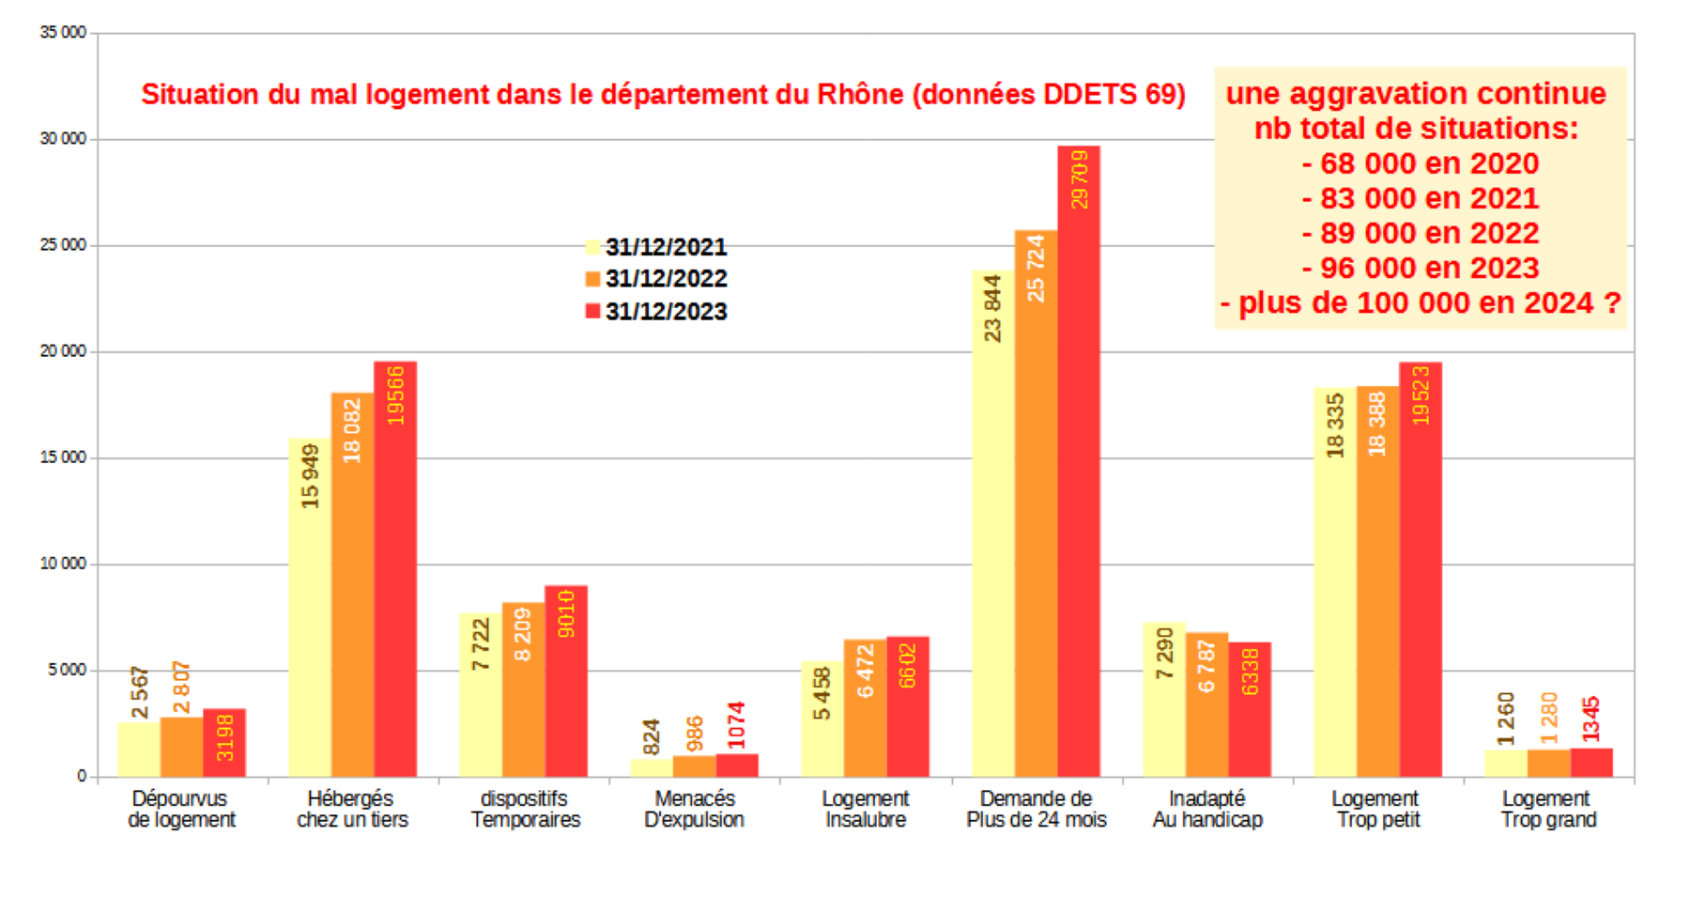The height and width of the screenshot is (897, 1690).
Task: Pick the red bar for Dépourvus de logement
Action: click(x=224, y=742)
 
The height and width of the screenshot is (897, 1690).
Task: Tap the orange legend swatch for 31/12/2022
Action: click(x=592, y=279)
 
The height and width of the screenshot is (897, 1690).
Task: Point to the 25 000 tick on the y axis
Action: click(x=63, y=245)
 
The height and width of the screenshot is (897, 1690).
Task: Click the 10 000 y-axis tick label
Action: click(x=63, y=564)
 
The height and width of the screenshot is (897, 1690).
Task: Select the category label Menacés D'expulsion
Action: click(x=695, y=809)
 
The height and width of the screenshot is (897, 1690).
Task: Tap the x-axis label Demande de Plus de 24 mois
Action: click(x=1037, y=809)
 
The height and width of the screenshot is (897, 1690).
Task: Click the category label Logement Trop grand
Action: click(x=1548, y=809)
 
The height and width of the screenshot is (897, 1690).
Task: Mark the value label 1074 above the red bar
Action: click(x=737, y=725)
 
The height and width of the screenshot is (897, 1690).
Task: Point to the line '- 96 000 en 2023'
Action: click(x=1420, y=269)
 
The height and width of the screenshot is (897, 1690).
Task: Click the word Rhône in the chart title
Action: click(x=860, y=95)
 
